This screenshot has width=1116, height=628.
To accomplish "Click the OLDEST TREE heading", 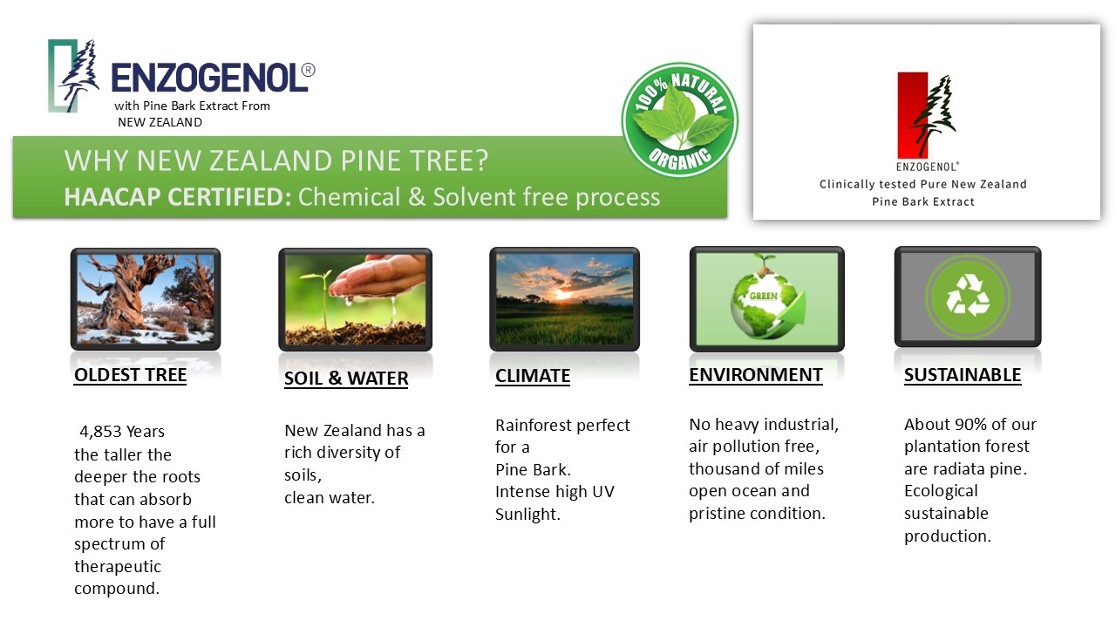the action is coord(130,375).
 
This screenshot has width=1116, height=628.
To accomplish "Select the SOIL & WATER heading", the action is coord(346,379).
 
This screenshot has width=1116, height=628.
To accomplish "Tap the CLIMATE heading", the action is coord(532,376).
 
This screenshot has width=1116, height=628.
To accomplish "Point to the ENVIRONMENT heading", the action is coord(755,375).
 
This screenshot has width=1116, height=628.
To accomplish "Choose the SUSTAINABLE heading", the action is coord(962,375).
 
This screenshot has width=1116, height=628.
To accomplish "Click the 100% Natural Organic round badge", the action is coord(679,119).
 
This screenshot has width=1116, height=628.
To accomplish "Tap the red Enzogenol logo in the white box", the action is coord(926,116).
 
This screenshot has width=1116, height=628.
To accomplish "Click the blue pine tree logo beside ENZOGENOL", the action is coord(73,76).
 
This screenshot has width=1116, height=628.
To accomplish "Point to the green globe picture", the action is coord(766,299).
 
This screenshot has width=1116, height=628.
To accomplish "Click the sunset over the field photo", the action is coord(564,299).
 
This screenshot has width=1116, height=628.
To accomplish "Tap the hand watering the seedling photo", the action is coord(355,299).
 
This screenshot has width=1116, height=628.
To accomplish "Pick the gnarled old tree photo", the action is coord(145,299).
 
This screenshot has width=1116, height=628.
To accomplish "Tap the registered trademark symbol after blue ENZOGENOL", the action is coord(308,71).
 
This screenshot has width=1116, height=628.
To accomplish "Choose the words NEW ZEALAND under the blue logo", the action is coord(160,123).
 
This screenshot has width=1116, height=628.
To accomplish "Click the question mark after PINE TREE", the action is coord(482,160).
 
